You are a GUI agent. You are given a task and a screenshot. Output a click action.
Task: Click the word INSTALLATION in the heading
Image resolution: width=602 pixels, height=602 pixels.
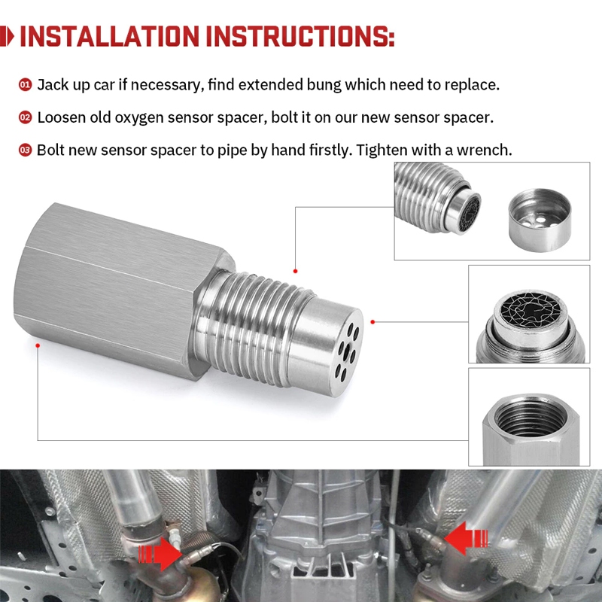(x=109, y=36)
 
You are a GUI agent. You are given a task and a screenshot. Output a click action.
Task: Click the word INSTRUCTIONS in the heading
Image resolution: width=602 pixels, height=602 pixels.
(x=300, y=36)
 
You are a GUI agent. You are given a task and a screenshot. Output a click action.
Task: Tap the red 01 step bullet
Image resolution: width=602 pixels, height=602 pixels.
(x=25, y=84)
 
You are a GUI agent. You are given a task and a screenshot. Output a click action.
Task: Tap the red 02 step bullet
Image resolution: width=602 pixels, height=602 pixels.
(x=25, y=117)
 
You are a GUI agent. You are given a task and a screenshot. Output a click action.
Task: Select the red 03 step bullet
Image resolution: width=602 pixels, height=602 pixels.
(x=25, y=150)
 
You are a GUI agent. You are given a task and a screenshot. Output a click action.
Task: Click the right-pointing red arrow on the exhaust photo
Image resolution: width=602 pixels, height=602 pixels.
(x=160, y=554)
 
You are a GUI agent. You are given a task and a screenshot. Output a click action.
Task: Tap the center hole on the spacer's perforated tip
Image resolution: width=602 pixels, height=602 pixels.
(x=347, y=351)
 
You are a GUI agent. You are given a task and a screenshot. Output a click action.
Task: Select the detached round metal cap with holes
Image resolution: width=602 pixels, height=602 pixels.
(x=540, y=220)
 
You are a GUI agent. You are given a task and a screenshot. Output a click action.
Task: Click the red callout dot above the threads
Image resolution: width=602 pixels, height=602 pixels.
(x=295, y=272)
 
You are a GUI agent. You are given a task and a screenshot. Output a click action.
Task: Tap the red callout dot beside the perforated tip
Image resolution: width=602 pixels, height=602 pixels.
(x=372, y=322)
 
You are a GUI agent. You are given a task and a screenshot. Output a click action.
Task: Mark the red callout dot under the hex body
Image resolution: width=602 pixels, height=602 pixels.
(x=38, y=345)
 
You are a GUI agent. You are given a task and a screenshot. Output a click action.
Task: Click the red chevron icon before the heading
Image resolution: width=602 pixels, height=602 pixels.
(x=7, y=36)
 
